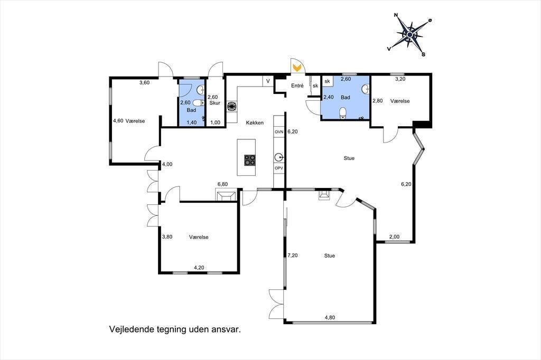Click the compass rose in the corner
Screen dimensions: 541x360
[x=409, y=34]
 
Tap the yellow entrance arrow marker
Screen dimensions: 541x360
[x=296, y=67]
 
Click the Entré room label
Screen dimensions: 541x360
[x=297, y=86]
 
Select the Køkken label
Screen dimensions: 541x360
[x=255, y=122]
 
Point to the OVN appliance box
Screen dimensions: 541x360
[x=279, y=132]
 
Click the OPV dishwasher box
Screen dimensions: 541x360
[x=279, y=168]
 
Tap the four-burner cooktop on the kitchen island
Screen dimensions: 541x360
[x=250, y=160]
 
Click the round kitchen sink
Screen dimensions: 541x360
[x=279, y=158]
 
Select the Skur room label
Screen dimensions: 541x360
[x=214, y=103]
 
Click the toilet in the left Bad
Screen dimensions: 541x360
[x=198, y=103]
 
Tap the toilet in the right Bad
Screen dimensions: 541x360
[x=342, y=113]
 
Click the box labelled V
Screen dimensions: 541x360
[x=268, y=81]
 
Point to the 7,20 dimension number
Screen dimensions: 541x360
[x=293, y=255]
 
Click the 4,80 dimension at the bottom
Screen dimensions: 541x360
[x=330, y=318]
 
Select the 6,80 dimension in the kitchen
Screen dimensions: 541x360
[x=222, y=184]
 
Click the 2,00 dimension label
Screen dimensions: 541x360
[x=394, y=237]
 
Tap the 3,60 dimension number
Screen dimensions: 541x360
[x=144, y=82]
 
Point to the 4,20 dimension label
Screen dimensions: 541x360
[x=199, y=267]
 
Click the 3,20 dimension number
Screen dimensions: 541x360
[x=400, y=79]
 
